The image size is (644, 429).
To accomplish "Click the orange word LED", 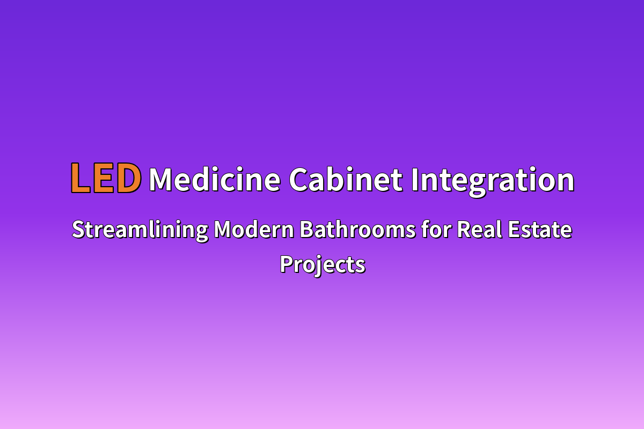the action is tap(106, 178).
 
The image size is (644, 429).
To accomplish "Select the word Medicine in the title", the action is tap(215, 179).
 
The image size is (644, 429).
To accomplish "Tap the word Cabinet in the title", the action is tap(345, 179).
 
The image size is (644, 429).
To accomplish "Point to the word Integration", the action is tap(493, 182).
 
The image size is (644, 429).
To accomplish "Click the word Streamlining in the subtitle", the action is tap(140, 231).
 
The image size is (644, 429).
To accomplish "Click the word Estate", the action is tap(540, 230).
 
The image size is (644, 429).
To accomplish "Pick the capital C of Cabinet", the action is tap(299, 180).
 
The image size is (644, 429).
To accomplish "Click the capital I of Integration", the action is tap(415, 180).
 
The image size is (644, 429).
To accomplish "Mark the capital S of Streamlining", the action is tap(79, 230).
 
